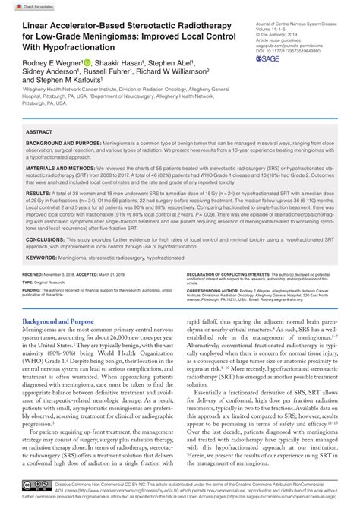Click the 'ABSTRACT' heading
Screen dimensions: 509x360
click(x=40, y=131)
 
